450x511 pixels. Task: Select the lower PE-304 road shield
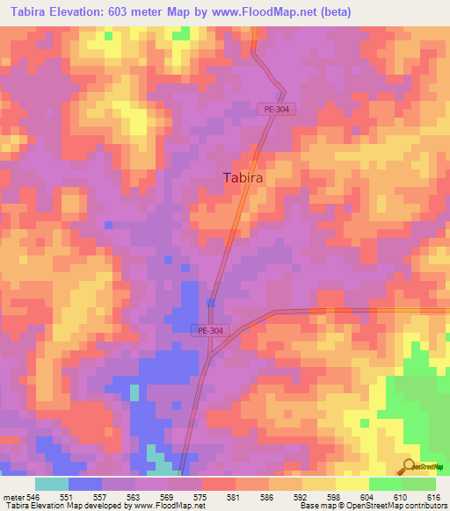coord(207,330)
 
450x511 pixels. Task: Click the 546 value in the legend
coord(33,496)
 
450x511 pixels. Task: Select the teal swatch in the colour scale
coord(52,484)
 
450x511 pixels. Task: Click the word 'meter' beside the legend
coord(12,496)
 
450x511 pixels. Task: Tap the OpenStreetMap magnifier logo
coord(407,467)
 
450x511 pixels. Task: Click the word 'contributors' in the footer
coord(425,506)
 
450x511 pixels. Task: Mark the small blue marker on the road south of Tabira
coord(211,302)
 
